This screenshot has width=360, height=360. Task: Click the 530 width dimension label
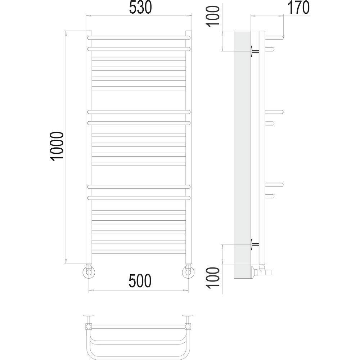point(140,8)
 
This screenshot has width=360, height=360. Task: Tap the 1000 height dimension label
point(57,146)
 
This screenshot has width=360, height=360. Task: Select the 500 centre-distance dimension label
point(140,281)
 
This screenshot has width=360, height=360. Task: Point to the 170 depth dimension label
point(298,8)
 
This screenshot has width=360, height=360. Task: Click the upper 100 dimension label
point(213,17)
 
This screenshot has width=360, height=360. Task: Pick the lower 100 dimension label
point(213,278)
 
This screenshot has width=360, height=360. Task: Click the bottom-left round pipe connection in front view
point(89,272)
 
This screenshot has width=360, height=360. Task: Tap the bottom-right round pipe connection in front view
point(188,272)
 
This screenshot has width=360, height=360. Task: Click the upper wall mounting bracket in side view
point(255,51)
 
